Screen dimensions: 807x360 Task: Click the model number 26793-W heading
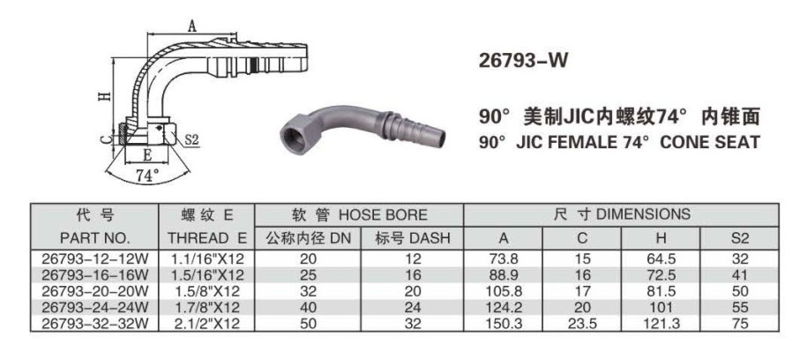point(523,61)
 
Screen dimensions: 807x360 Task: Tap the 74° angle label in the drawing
point(147,176)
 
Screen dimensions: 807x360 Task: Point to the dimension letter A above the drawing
point(191,26)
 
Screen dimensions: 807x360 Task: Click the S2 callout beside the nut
point(191,139)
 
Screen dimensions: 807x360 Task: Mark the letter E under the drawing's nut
point(147,154)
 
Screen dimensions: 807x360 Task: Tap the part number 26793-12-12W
point(94,259)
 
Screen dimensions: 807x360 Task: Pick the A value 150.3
point(504,324)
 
